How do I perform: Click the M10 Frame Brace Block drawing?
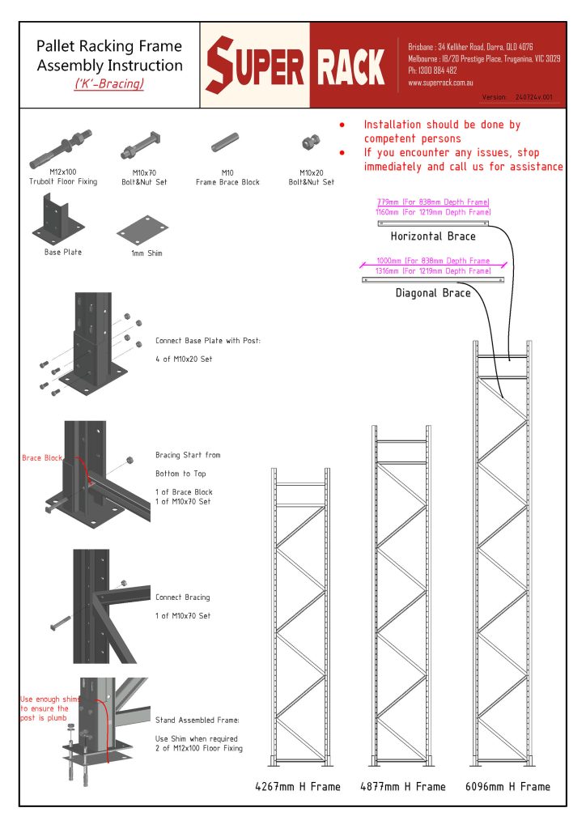(x=227, y=145)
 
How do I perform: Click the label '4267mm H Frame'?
(x=297, y=786)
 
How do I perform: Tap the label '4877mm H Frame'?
(x=402, y=786)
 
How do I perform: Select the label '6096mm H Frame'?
(x=507, y=786)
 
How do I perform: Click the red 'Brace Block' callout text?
(x=41, y=458)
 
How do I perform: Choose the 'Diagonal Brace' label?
(x=433, y=293)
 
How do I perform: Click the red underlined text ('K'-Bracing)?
(x=109, y=83)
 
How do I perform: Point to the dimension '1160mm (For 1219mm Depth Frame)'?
(x=433, y=211)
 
